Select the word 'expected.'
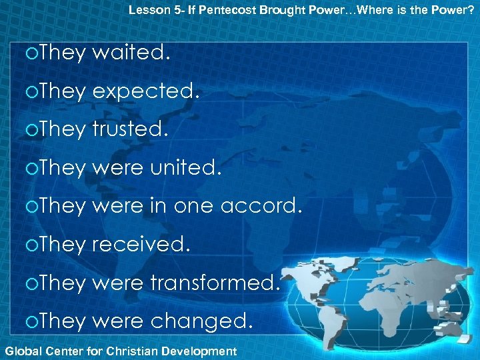pos(146,91)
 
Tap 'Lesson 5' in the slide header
pos(150,9)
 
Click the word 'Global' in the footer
pos(21,351)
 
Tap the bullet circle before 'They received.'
pos(26,245)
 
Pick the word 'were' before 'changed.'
pos(117,322)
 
